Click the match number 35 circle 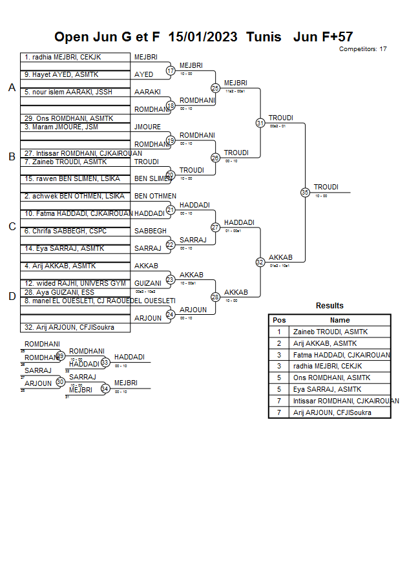305,192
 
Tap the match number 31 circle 260,122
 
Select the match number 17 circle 171,70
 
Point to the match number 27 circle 216,227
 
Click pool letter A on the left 12,88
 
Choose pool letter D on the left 12,296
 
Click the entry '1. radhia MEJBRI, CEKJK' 63,58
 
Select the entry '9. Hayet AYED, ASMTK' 61,75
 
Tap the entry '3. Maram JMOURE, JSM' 61,127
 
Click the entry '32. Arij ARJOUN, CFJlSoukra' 69,327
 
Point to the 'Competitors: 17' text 362,49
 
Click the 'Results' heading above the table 329,306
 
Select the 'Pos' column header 279,320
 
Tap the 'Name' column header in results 340,320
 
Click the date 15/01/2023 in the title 203,37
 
